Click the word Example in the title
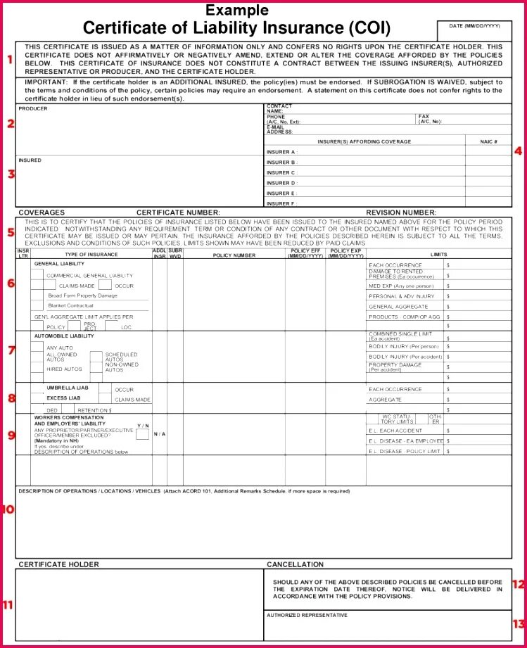click(x=236, y=10)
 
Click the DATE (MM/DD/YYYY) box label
click(x=475, y=26)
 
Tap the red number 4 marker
click(x=518, y=150)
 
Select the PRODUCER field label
click(x=33, y=109)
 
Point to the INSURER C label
click(x=281, y=172)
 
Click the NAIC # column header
click(x=488, y=141)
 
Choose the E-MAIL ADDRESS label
click(x=279, y=129)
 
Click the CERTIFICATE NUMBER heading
click(x=178, y=212)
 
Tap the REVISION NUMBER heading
click(x=400, y=212)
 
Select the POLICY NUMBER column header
click(x=234, y=255)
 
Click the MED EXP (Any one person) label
click(x=400, y=286)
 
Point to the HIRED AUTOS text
click(x=64, y=369)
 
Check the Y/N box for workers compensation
click(x=142, y=434)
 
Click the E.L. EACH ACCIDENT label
click(x=395, y=431)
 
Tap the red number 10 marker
click(x=8, y=509)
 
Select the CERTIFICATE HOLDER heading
click(x=58, y=564)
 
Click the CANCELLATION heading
click(x=295, y=564)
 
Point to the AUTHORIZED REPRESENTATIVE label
click(x=307, y=615)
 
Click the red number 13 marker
click(x=519, y=623)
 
